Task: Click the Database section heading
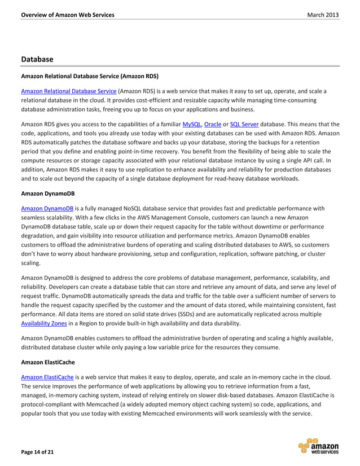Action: click(37, 59)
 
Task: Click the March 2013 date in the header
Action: click(323, 15)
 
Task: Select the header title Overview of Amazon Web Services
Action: click(67, 15)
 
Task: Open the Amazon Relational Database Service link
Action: click(68, 91)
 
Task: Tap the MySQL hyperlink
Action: click(192, 124)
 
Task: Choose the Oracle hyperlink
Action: click(213, 124)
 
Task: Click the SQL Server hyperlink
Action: click(246, 124)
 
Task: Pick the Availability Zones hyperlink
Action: click(43, 323)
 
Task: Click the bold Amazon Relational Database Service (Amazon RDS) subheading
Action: click(89, 76)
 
